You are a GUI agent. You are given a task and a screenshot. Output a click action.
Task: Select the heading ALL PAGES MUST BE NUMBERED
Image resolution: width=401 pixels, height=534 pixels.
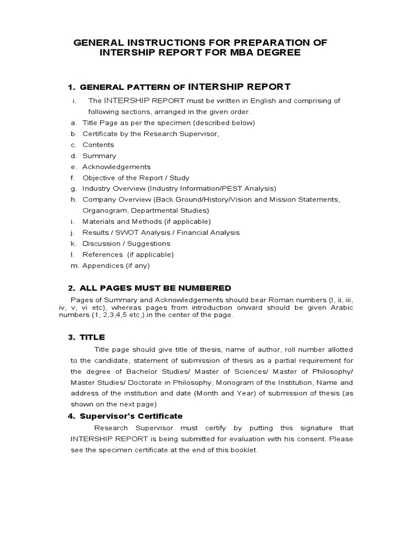[155, 288]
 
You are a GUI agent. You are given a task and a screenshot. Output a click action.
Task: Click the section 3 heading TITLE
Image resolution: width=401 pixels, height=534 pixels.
[93, 337]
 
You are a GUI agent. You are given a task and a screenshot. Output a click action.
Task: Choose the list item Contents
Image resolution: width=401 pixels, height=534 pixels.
[98, 145]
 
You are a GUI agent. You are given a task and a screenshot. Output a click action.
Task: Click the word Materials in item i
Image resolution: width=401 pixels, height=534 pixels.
[98, 222]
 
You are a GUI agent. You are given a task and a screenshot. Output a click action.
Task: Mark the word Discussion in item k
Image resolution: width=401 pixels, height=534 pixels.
[101, 244]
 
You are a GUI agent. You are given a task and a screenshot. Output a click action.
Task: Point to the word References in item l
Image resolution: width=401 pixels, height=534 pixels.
[101, 254]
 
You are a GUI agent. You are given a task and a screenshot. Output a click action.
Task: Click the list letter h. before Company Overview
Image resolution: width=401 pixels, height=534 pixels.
[73, 200]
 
